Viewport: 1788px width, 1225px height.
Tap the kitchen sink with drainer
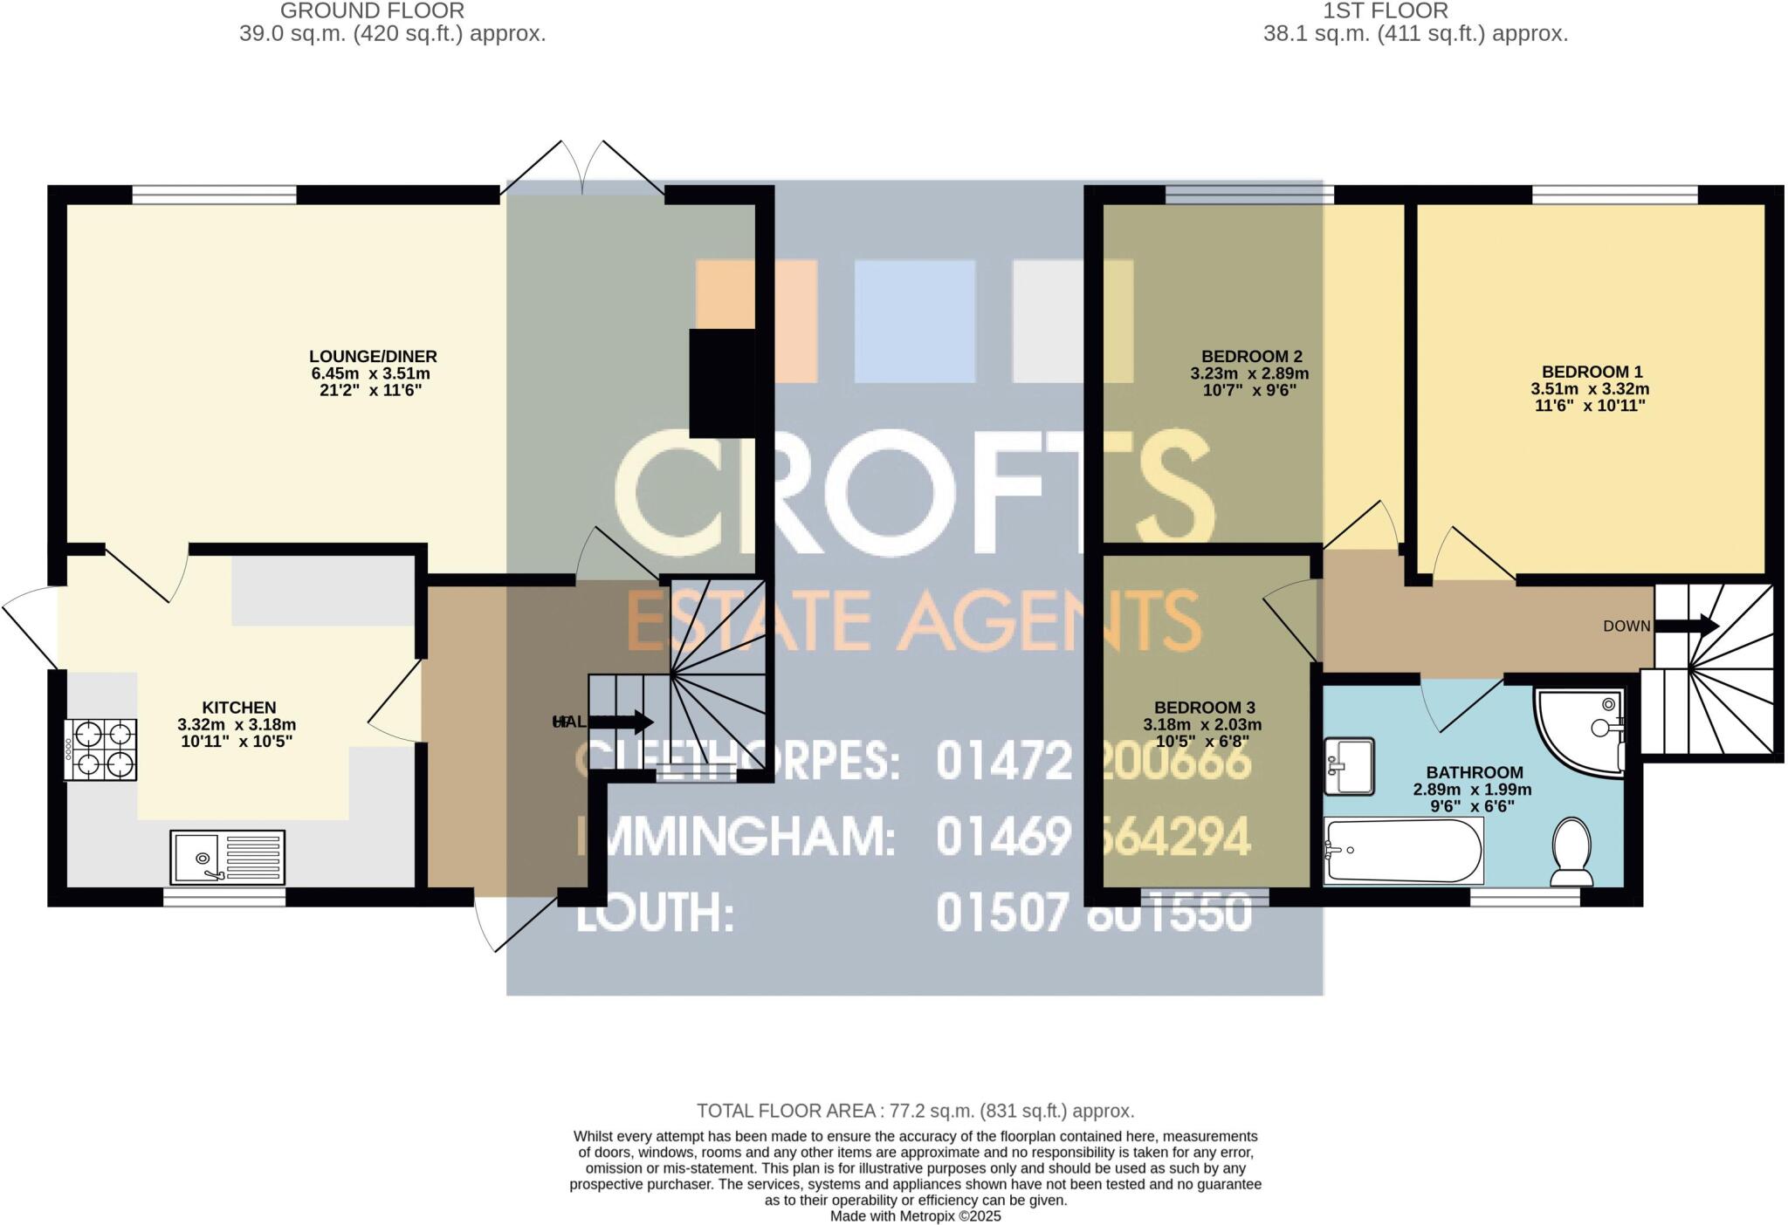pos(228,856)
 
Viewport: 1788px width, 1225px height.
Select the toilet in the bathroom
pos(1571,851)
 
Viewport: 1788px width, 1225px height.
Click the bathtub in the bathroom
pos(1403,851)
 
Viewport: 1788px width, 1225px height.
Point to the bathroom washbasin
pos(1349,766)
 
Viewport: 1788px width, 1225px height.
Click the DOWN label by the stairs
pos(1626,626)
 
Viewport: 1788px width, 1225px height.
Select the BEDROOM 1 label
pos(1592,372)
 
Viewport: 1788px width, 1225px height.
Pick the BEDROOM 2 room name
pos(1251,356)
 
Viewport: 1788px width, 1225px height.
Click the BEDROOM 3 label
pos(1204,708)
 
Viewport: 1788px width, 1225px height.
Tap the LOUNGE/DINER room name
pos(373,356)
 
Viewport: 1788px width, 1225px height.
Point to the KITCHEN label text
pos(238,708)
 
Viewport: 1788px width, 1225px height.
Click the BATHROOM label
pos(1474,772)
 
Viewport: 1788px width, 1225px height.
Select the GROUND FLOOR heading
pos(372,11)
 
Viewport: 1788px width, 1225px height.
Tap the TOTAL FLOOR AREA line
pos(915,1111)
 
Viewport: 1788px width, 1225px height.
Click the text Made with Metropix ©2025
pos(915,1215)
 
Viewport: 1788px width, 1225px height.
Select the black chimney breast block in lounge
pos(722,383)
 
